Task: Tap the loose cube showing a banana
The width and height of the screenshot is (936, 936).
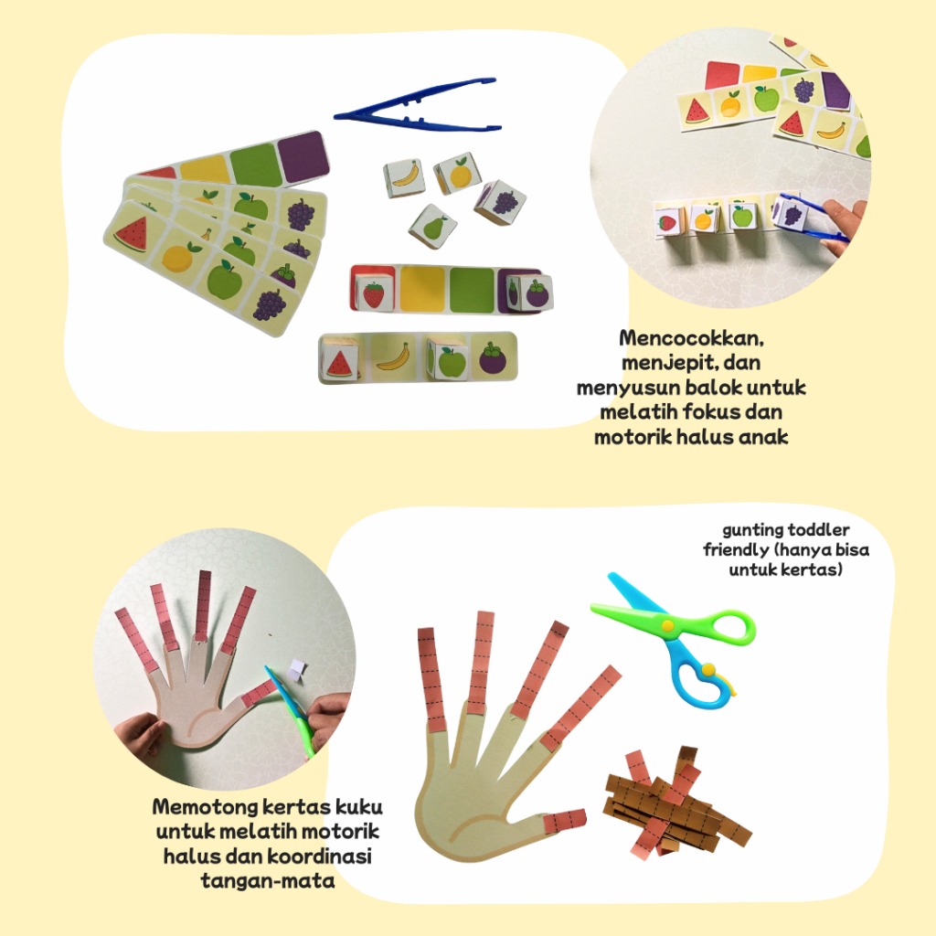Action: [404, 178]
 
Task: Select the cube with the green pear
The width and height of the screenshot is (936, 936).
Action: [432, 228]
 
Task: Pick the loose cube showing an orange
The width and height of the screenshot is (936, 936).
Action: [457, 173]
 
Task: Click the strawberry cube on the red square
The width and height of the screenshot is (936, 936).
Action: [373, 292]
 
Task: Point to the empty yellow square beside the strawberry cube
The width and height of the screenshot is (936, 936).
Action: [422, 290]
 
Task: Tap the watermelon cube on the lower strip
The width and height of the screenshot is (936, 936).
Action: [340, 358]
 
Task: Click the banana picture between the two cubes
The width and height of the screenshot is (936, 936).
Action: [393, 357]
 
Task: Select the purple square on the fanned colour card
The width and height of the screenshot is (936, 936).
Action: [303, 157]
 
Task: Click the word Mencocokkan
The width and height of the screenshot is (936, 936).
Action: [691, 338]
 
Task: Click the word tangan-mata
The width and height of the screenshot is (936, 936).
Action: [268, 881]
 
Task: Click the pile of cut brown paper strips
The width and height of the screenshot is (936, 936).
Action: [675, 801]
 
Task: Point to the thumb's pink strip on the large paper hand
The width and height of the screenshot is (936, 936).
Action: [564, 822]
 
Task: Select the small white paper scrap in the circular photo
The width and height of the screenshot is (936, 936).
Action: [297, 669]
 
